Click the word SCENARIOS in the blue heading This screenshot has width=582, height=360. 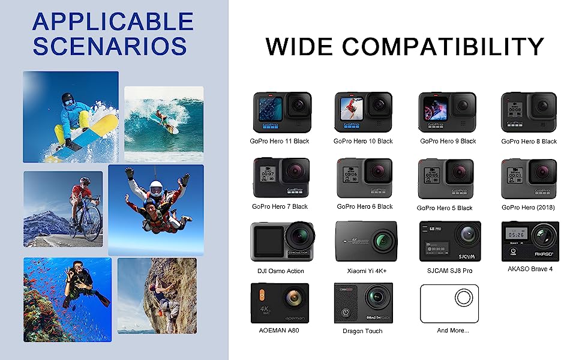coord(110,46)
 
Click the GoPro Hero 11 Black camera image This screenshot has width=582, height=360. coord(282,112)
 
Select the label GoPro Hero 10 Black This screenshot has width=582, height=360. coord(363,141)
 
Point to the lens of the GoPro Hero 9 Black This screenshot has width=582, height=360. coord(463,106)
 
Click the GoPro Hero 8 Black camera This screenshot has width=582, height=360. coord(529,112)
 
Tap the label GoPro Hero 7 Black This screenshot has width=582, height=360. coord(280,206)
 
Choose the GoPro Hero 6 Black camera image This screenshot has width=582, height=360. coord(364,178)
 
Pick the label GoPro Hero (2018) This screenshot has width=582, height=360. coord(528,208)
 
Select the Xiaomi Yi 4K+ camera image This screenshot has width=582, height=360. coord(366,242)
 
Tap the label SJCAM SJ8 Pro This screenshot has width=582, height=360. coord(449,271)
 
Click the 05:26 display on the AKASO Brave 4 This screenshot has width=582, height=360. coord(517,235)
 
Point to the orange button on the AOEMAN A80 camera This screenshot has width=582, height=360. coord(262,295)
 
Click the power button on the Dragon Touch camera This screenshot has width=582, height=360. coord(346,313)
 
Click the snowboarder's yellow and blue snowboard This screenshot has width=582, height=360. coord(82,139)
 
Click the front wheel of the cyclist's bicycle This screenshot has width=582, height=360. coord(92,224)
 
